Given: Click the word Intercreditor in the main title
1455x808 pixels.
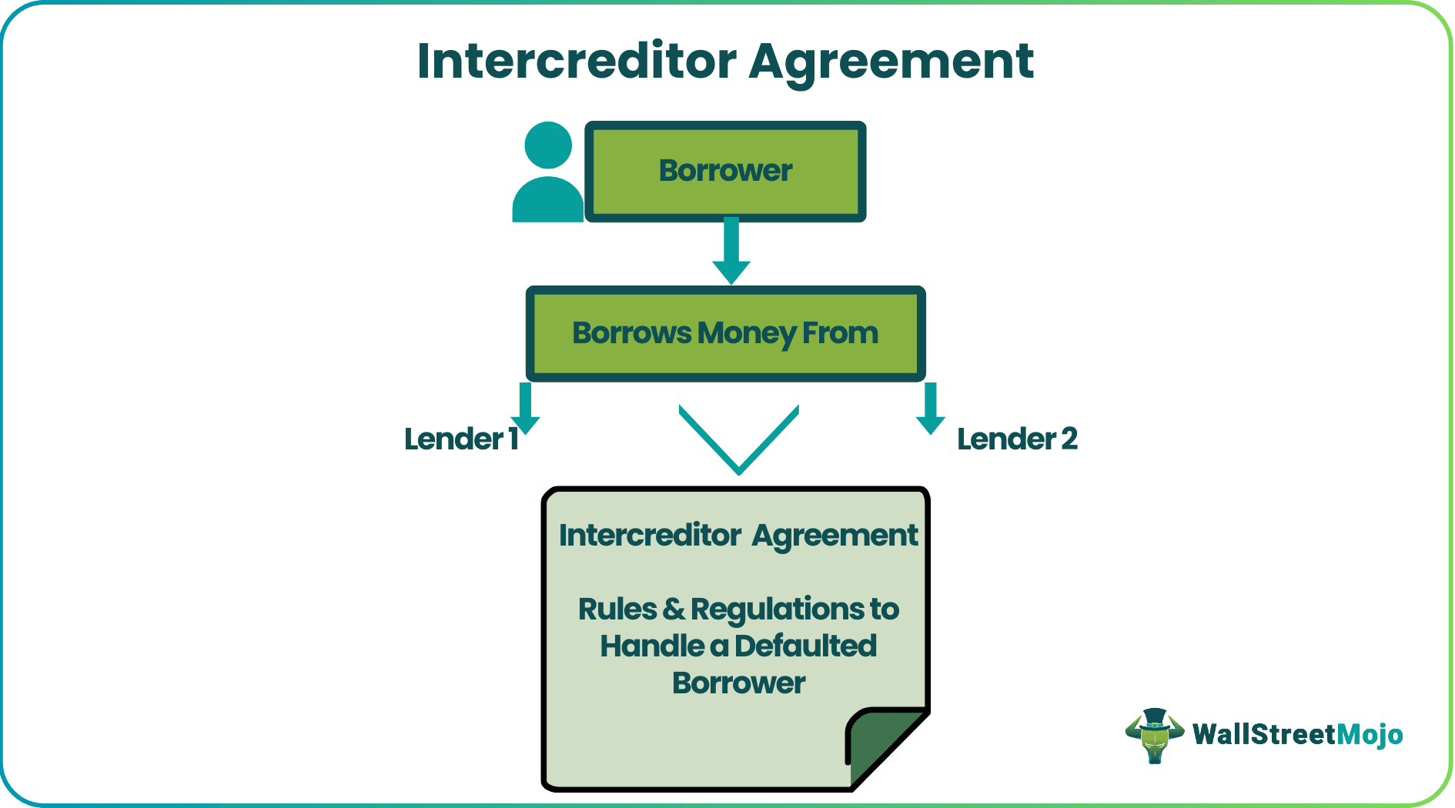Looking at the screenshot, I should pyautogui.click(x=577, y=61).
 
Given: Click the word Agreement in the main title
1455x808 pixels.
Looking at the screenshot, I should pyautogui.click(x=891, y=61).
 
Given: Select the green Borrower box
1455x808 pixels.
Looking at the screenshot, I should pyautogui.click(x=725, y=171).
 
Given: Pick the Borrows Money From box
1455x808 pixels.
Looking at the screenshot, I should pyautogui.click(x=725, y=333).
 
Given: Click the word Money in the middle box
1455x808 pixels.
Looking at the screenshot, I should pyautogui.click(x=747, y=333).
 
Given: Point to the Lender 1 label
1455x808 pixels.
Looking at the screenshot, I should pyautogui.click(x=460, y=439).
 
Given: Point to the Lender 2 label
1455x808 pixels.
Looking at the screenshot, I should pyautogui.click(x=1016, y=439).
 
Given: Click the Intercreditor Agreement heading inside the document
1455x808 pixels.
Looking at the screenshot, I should pyautogui.click(x=738, y=536).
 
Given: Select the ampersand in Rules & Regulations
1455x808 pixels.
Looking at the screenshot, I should pyautogui.click(x=673, y=609).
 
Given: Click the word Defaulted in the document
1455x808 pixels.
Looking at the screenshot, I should pyautogui.click(x=805, y=646).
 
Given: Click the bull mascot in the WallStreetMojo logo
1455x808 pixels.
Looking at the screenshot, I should pyautogui.click(x=1154, y=735).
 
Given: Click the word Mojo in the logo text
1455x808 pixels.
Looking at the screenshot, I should pyautogui.click(x=1370, y=735).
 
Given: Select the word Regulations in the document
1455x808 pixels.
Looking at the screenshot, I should pyautogui.click(x=778, y=609).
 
